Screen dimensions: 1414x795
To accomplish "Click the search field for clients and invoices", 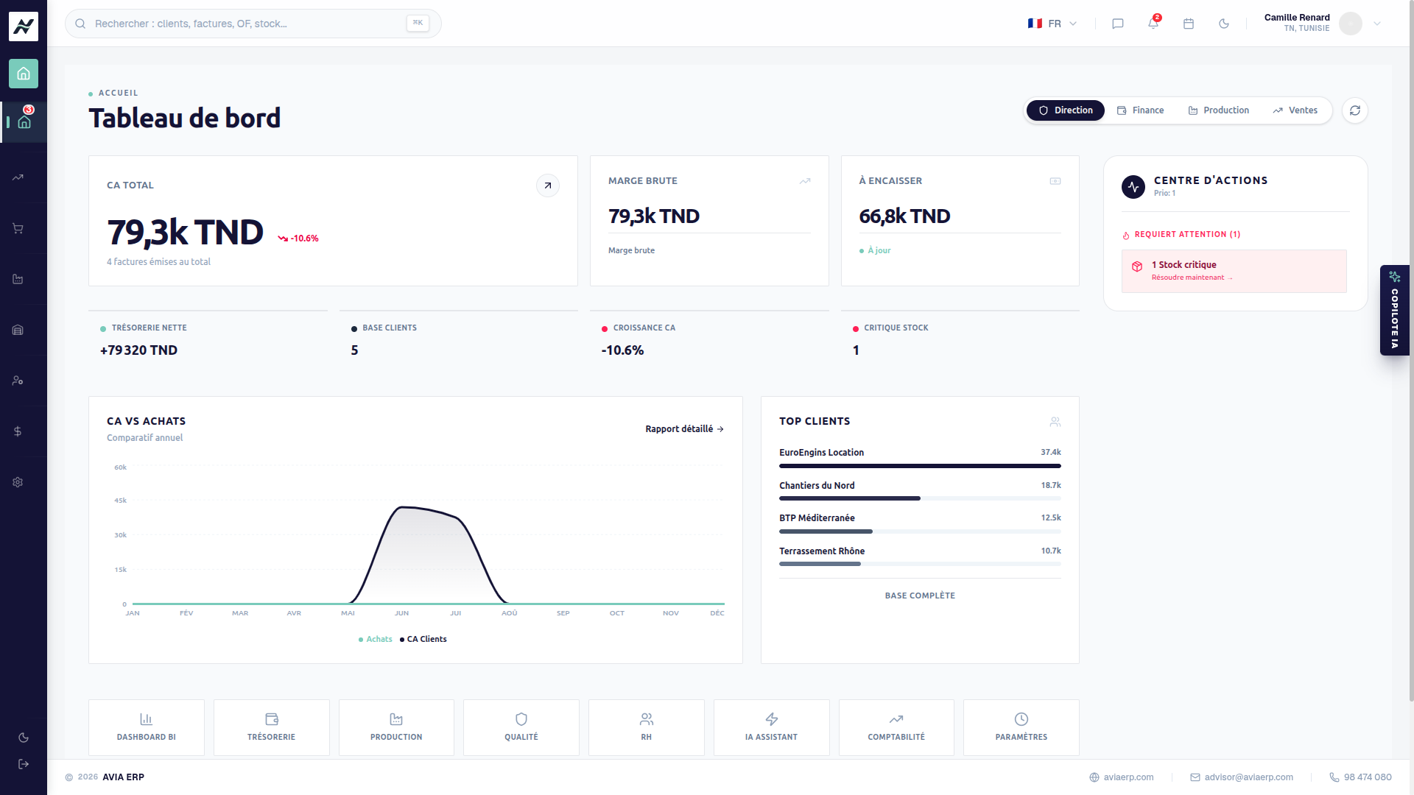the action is click(253, 24).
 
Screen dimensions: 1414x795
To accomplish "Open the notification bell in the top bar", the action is click(1153, 24).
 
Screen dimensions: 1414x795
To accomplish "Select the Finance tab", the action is click(1140, 110).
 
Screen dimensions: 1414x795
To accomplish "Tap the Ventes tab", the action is click(1295, 110).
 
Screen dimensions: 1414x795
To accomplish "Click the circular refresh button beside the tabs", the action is click(1355, 110).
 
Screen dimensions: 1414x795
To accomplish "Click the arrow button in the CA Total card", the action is click(547, 185).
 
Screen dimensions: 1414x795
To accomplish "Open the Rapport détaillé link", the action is click(684, 429).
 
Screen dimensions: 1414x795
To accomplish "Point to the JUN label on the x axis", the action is click(401, 613).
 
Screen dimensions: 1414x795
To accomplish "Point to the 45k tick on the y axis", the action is click(121, 501).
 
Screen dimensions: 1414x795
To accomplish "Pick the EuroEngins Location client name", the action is click(821, 453).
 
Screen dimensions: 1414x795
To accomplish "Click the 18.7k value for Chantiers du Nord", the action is click(1051, 486).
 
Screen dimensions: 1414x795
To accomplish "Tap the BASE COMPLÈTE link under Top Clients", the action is click(920, 596).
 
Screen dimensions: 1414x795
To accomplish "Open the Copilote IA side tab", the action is click(1394, 310).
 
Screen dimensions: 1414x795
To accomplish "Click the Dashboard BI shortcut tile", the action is click(147, 727).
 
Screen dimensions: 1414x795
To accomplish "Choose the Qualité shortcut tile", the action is click(521, 727).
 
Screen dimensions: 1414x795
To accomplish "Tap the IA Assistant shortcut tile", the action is click(771, 727).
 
